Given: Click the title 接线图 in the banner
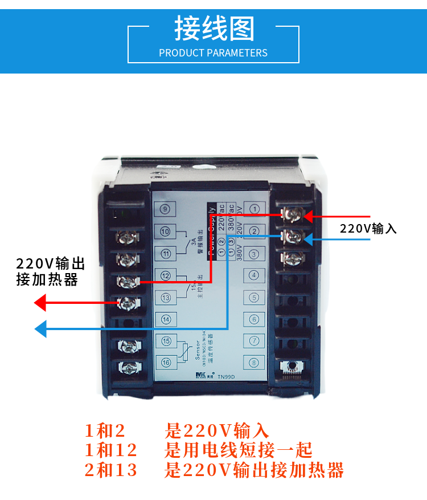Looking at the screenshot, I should (x=213, y=29).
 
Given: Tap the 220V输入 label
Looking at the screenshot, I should (x=368, y=229).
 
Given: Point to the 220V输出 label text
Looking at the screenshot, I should (x=50, y=264).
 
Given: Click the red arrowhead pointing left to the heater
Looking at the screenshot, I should (x=40, y=302).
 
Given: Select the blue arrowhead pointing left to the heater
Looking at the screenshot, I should (x=40, y=329).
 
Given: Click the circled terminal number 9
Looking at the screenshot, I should (x=165, y=209).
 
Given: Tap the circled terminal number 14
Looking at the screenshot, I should (x=166, y=319).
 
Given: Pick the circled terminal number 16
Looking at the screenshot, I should (x=166, y=362).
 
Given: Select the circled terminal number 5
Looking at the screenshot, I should (x=254, y=297).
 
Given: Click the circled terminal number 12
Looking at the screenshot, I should (x=166, y=276).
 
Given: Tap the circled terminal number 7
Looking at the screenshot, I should (x=254, y=341).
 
